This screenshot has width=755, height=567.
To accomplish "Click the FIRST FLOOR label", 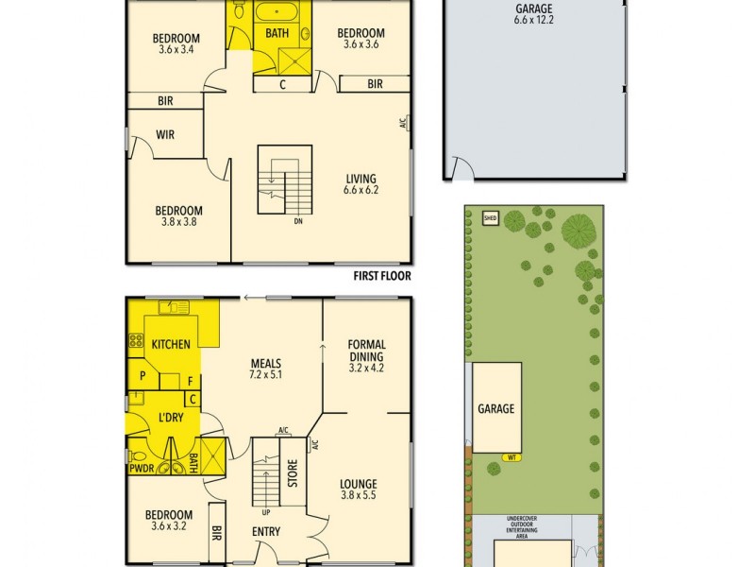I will click(382, 277).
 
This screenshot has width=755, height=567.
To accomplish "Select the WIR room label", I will click(165, 135).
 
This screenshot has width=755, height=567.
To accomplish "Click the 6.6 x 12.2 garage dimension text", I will click(534, 19).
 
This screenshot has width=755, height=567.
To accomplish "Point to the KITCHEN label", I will click(171, 344).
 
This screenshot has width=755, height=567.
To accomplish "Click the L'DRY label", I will click(171, 417).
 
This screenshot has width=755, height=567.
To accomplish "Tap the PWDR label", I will click(142, 467).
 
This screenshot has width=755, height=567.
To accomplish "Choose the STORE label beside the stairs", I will click(293, 472).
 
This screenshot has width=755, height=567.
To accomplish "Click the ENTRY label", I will click(266, 532).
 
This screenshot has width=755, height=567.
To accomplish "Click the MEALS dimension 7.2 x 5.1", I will click(266, 374).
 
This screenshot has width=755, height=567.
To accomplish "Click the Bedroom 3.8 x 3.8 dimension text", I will click(178, 223).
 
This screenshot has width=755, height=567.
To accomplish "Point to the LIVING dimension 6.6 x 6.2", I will click(361, 190).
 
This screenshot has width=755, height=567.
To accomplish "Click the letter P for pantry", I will click(143, 376).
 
